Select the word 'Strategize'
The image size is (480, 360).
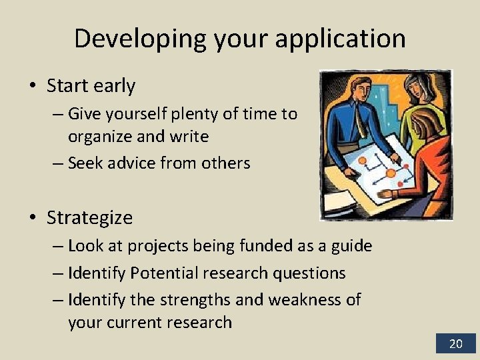tap(89, 217)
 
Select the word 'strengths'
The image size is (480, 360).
tap(197, 299)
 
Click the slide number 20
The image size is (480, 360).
tap(455, 344)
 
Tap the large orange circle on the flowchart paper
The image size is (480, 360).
tap(390, 173)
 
